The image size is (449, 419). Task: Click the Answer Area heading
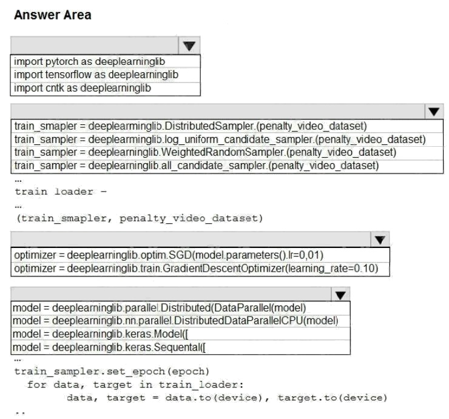pos(52,16)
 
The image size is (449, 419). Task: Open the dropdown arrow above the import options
pos(189,45)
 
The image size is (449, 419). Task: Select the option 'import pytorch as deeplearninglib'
pos(89,61)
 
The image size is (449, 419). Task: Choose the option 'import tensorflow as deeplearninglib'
pos(96,75)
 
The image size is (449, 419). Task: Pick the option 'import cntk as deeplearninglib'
pos(83,88)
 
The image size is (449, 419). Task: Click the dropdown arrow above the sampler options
pos(433,112)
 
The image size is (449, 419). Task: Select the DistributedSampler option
pos(191,127)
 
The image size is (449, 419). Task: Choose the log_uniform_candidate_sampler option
pos(220,139)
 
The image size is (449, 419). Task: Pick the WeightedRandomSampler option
pos(205,152)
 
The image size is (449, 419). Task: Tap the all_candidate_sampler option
pos(197,165)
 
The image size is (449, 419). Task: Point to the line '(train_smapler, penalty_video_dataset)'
pos(139,218)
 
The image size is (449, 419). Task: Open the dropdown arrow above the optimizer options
pos(380,240)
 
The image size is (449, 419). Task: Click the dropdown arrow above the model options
pos(341,295)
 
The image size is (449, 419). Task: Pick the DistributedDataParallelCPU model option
pos(175,321)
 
